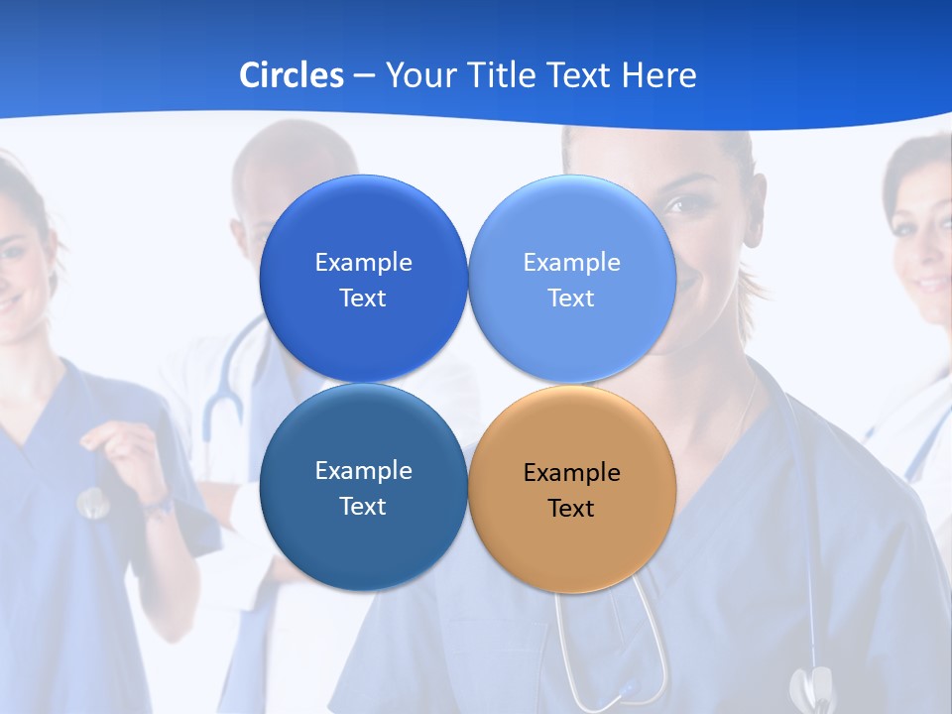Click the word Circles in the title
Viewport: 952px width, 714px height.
[291, 74]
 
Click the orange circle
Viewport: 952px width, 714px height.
[572, 489]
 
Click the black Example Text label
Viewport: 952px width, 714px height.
[571, 490]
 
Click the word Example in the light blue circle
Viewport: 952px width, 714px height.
[571, 262]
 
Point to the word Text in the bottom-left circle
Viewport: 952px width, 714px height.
[363, 506]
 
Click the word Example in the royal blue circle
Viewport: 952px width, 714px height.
[363, 262]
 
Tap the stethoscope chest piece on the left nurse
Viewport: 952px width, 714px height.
[92, 504]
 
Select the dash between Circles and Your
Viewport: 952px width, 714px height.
[364, 75]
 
